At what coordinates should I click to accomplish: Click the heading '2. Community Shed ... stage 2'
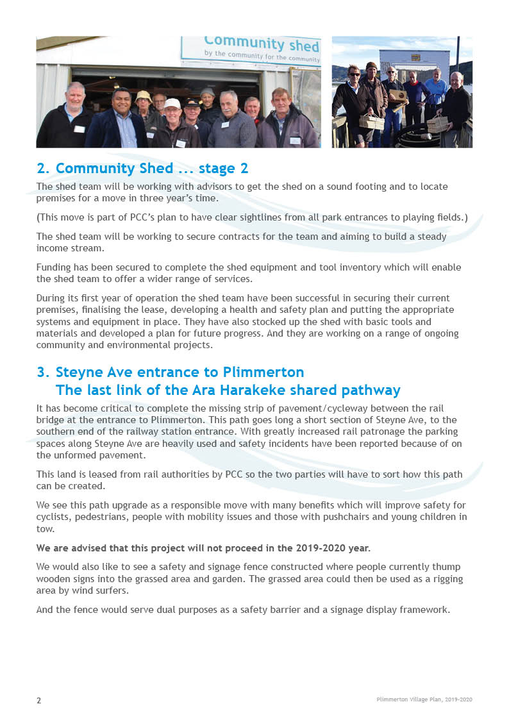142,169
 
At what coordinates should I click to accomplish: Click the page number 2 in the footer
38,700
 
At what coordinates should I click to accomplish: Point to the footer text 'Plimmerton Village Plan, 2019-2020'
424,699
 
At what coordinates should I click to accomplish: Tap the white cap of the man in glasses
172,103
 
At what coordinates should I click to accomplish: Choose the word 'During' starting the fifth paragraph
51,298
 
